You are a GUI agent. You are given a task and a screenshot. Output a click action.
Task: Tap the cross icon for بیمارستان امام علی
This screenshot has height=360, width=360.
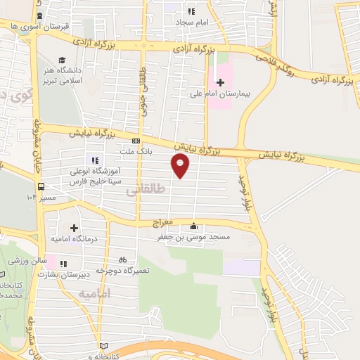tap(220, 82)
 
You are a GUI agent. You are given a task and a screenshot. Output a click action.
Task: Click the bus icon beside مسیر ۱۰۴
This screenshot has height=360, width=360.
tap(41, 187)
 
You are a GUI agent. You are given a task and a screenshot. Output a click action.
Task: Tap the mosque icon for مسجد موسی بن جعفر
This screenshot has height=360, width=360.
tap(193, 226)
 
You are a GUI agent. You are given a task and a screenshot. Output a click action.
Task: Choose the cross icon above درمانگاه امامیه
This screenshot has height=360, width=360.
tap(74, 228)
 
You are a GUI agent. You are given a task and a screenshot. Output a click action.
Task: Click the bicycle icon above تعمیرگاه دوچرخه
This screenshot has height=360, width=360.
tap(122, 259)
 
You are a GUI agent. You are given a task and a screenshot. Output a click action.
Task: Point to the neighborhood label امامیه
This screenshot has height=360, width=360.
tap(95, 292)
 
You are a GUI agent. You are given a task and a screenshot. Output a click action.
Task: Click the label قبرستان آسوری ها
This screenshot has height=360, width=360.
tap(38, 25)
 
